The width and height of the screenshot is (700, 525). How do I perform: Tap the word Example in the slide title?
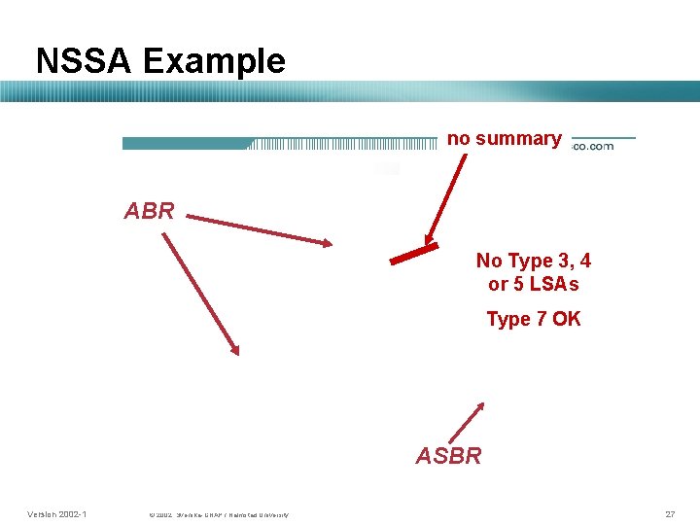(x=214, y=61)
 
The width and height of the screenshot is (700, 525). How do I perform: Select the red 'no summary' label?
(x=504, y=139)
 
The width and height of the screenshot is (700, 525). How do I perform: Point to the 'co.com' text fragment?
(x=592, y=146)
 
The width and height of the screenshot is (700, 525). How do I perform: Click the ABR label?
(x=149, y=211)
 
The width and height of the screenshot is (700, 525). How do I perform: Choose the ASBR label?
(x=448, y=456)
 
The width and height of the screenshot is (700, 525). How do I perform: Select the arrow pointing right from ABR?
(x=259, y=229)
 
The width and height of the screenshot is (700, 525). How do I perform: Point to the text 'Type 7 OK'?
(x=533, y=319)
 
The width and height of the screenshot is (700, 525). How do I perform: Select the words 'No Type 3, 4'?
(x=533, y=261)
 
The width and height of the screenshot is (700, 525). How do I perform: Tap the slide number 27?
(x=670, y=513)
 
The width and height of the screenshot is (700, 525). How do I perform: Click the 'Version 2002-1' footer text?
(x=57, y=513)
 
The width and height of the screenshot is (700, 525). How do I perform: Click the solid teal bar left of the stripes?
(x=185, y=144)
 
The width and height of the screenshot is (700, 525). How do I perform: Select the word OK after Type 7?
(x=566, y=319)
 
